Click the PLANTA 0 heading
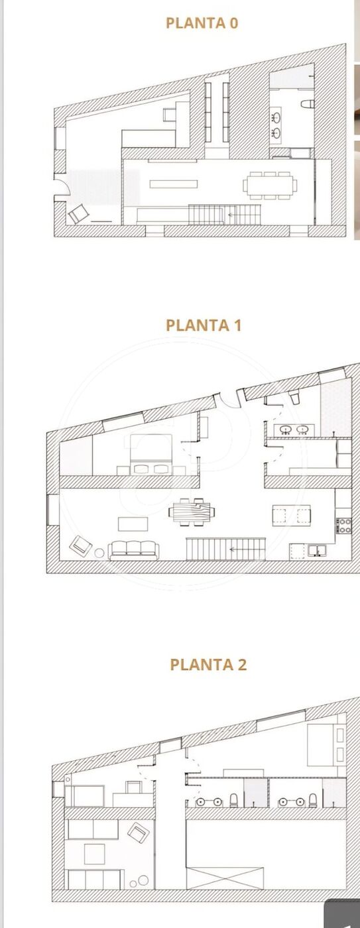pos(202,23)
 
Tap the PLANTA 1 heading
pos(204,325)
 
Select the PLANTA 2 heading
pos(208,664)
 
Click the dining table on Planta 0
pos(270,185)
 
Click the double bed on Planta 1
pos(150,454)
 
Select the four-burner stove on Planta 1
pos(343,526)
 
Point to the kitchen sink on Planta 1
pos(318,550)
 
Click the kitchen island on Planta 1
pos(291,516)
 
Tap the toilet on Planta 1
pos(294,398)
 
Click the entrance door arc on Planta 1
pos(227,400)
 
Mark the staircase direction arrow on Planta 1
pos(236,550)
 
